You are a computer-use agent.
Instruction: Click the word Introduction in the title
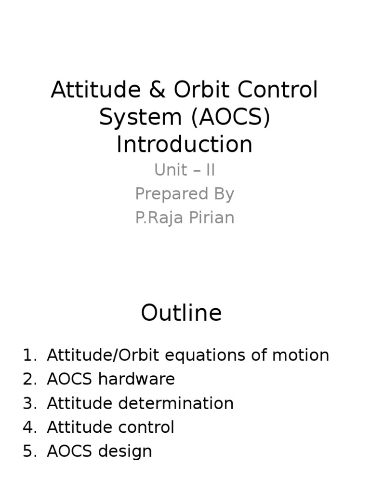(x=185, y=144)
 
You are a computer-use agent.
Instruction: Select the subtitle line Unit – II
(x=185, y=170)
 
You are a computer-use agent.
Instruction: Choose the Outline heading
(x=181, y=313)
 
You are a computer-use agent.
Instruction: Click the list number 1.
(x=29, y=356)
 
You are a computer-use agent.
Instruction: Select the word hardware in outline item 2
(x=136, y=380)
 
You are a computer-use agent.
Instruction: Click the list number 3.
(x=29, y=404)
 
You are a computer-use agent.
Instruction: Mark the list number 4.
(x=29, y=427)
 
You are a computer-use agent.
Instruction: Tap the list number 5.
(x=29, y=452)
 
